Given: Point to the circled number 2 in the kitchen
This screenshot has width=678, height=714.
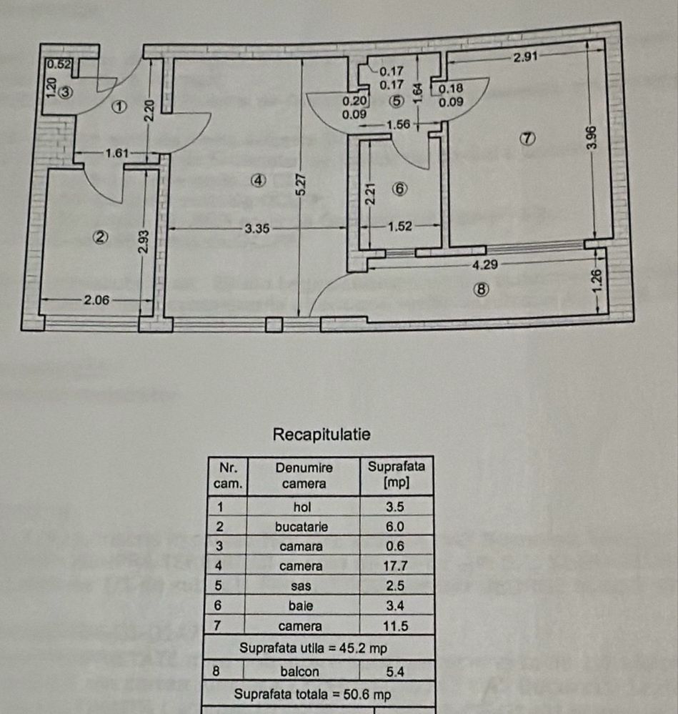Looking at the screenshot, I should (101, 237).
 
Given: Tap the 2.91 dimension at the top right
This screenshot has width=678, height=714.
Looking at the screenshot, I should (526, 57).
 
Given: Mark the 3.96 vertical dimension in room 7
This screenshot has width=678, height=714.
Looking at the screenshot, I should (589, 138).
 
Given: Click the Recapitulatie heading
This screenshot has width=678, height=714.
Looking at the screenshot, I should (321, 435).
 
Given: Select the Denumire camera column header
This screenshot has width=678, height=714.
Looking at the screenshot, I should (304, 476).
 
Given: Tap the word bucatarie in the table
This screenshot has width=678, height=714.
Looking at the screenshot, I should (304, 527).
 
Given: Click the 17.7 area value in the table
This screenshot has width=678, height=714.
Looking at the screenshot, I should (397, 566).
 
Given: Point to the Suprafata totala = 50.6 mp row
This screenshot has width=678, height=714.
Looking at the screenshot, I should (320, 694).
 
